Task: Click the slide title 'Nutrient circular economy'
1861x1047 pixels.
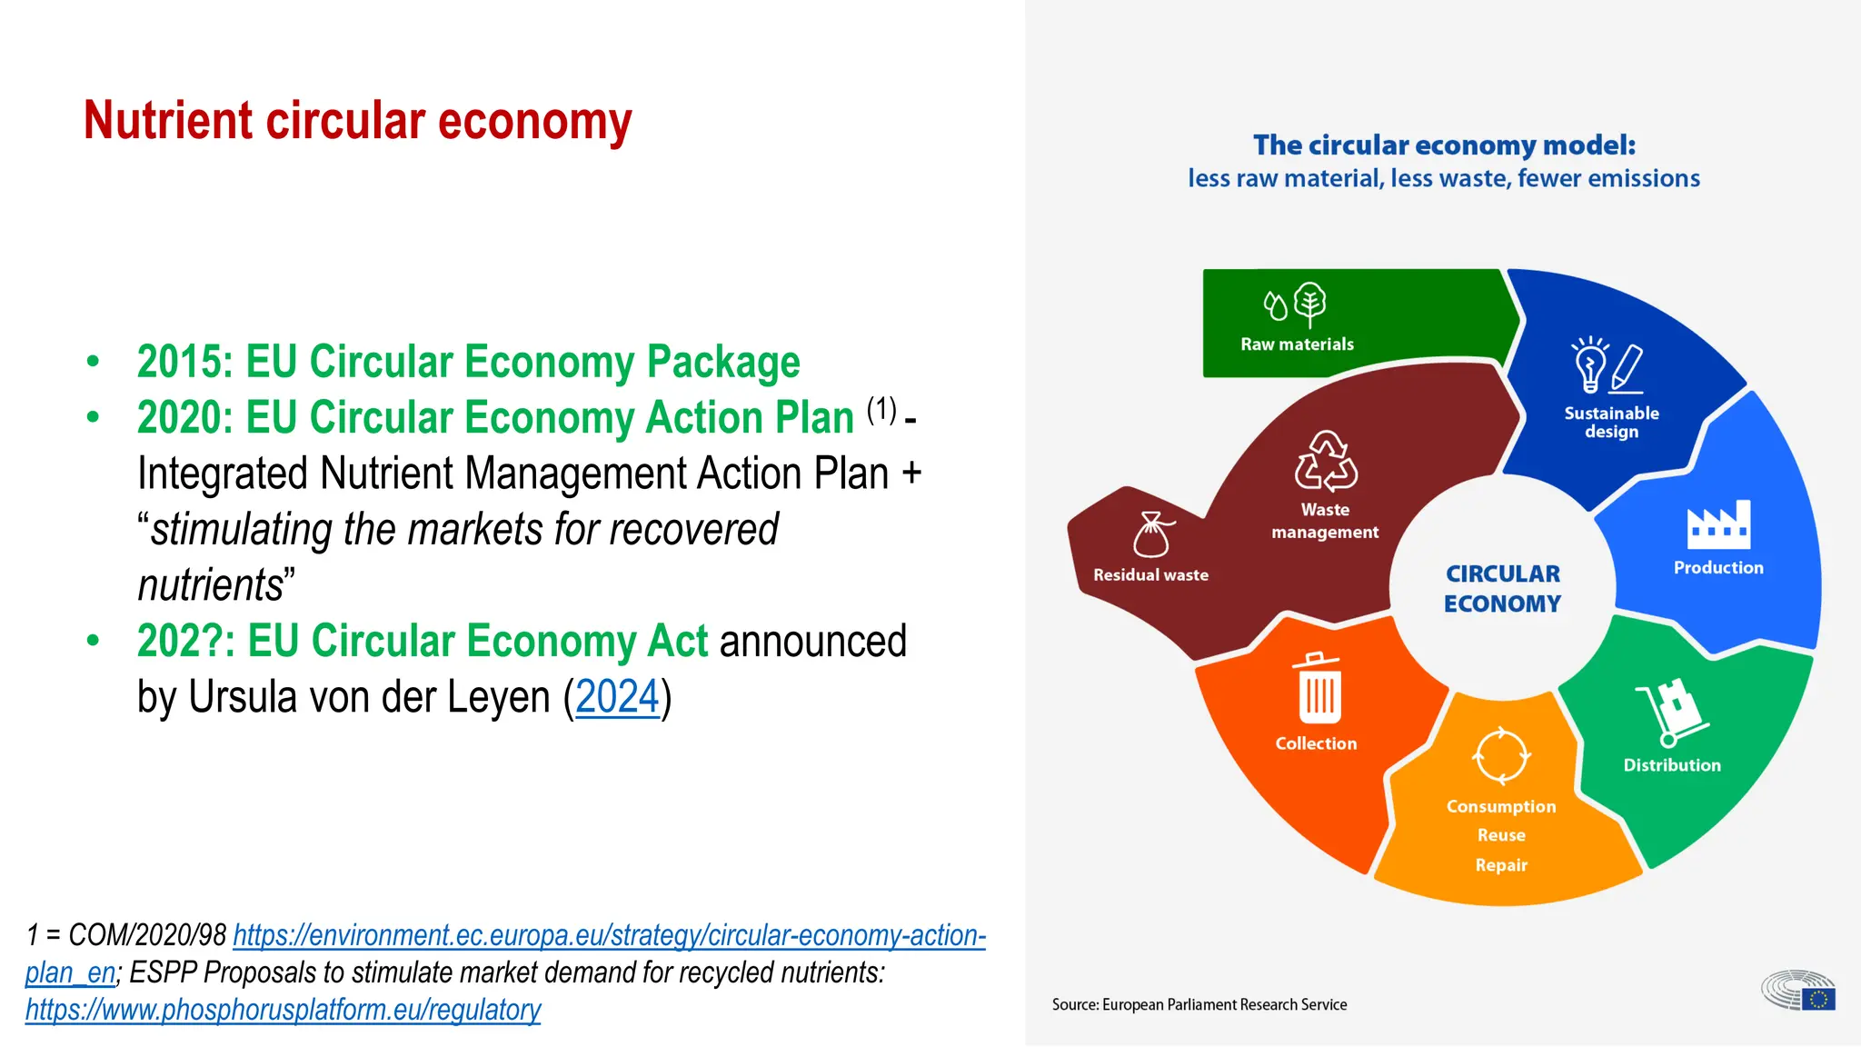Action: [x=357, y=121]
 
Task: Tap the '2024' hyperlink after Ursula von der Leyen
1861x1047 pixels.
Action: [x=617, y=697]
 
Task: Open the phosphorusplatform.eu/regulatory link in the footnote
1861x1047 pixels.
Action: [x=283, y=1010]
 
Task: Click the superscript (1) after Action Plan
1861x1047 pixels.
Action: [x=881, y=410]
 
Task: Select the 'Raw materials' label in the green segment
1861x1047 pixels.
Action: [x=1297, y=344]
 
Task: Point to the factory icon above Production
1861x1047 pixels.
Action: [x=1718, y=525]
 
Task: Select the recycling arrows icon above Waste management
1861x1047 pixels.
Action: [x=1326, y=461]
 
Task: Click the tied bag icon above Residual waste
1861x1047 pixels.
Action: [x=1152, y=534]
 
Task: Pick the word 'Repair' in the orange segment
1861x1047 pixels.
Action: [x=1501, y=865]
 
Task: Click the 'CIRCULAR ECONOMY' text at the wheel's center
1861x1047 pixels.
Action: [x=1502, y=589]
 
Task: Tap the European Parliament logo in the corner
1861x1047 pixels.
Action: [x=1798, y=991]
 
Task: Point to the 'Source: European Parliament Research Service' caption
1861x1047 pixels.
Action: [x=1199, y=1005]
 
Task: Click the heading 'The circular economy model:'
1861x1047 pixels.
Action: [x=1444, y=145]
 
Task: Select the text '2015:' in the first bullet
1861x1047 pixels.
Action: [x=185, y=362]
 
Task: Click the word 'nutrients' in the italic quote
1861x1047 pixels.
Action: [x=212, y=585]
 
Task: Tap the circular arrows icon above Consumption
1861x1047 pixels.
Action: [x=1501, y=755]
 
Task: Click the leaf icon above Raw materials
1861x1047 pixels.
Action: [x=1309, y=304]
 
